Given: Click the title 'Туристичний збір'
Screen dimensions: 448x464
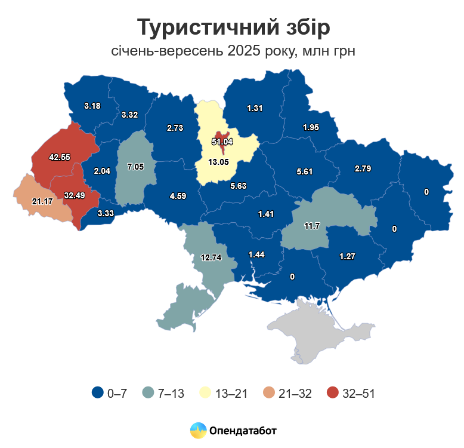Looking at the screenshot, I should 233,27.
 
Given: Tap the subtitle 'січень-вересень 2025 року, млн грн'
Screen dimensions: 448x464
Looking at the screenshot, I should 233,51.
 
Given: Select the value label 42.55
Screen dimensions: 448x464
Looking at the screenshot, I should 60,157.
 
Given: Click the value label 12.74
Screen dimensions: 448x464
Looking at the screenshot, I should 211,257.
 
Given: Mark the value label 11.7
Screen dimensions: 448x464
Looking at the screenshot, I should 313,226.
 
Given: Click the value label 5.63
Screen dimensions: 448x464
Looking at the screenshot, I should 239,186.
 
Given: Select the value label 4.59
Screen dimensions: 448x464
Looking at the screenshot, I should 178,195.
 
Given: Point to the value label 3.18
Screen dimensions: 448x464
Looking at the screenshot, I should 92,106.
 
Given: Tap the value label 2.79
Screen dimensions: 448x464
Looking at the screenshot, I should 363,168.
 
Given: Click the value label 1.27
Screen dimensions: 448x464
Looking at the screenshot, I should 348,257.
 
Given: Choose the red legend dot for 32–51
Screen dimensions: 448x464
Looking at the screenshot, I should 333,392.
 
